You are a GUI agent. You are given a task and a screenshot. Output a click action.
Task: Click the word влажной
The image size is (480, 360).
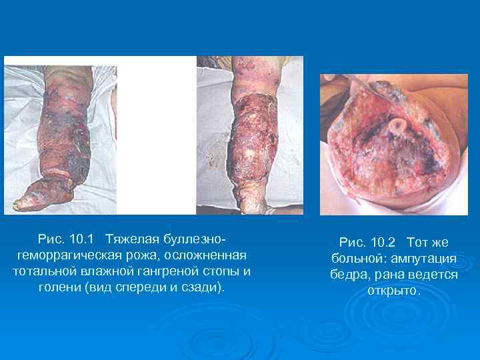tap(102, 272)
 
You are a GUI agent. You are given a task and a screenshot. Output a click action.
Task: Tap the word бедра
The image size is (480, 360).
tap(351, 275)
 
